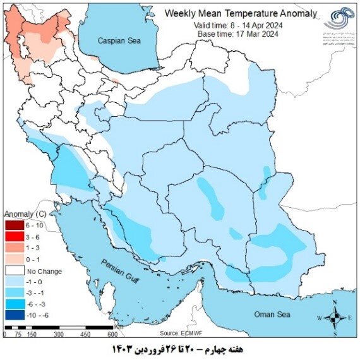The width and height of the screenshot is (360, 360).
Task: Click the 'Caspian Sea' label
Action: click(x=119, y=40)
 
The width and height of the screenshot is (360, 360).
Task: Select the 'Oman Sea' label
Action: click(x=272, y=314)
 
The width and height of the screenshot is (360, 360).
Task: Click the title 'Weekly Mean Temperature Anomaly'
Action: click(x=238, y=13)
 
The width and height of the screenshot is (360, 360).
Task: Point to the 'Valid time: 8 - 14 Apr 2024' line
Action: click(x=238, y=24)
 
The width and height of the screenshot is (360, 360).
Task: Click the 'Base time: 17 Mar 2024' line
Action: click(x=238, y=33)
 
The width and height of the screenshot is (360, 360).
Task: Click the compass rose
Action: click(x=337, y=316)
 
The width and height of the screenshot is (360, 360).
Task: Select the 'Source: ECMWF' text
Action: click(x=181, y=333)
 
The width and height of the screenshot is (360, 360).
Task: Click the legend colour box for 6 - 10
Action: click(x=13, y=225)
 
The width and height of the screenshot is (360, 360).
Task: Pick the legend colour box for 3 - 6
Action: click(x=13, y=236)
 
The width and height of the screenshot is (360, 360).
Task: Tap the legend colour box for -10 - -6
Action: click(x=13, y=314)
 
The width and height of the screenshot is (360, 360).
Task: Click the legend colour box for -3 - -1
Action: click(x=13, y=292)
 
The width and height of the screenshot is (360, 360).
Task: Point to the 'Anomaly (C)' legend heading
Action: click(x=29, y=213)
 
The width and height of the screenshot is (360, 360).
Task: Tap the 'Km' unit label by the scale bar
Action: click(x=119, y=328)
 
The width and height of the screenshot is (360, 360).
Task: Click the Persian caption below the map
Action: click(x=181, y=349)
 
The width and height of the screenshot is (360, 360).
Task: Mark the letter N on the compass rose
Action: click(x=337, y=305)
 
